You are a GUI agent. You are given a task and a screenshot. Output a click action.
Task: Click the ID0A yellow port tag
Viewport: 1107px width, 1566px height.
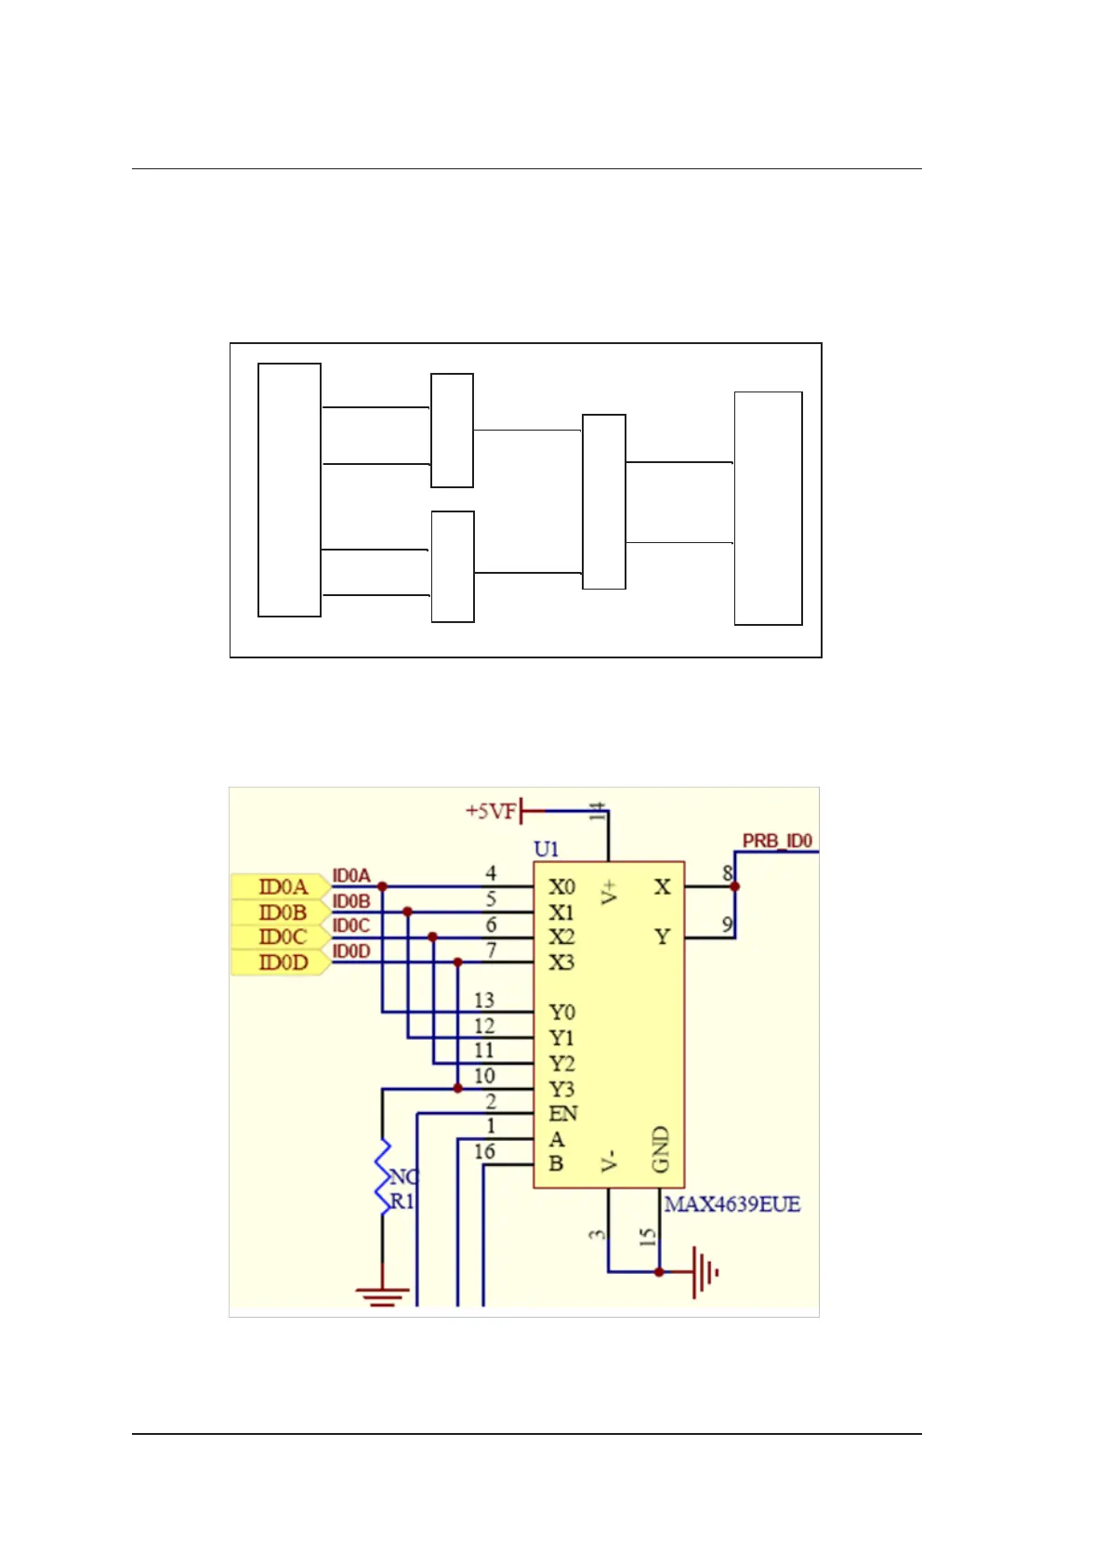pos(280,887)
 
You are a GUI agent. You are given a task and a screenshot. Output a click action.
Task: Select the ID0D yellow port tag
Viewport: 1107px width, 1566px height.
pos(280,962)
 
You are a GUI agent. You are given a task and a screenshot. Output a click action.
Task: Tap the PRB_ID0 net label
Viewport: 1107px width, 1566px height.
pos(777,841)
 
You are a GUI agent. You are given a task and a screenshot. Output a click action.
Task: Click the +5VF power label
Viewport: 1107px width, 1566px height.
pos(490,811)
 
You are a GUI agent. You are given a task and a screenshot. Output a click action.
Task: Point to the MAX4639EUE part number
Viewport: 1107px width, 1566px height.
pos(731,1204)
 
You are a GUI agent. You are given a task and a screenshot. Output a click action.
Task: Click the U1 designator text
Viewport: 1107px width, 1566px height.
pos(546,848)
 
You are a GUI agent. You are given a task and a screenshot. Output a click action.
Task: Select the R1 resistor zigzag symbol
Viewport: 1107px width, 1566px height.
pos(382,1176)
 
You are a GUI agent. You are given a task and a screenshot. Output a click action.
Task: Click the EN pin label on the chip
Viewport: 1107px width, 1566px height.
pos(562,1113)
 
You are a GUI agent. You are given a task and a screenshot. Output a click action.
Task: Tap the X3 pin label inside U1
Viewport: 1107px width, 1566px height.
pos(560,962)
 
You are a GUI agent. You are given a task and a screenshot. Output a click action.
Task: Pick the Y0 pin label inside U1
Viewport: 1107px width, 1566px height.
pos(560,1012)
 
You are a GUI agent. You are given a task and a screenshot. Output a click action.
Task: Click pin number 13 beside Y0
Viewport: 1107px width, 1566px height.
pos(484,1000)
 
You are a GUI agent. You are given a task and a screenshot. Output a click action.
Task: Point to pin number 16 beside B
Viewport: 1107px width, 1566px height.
pos(484,1151)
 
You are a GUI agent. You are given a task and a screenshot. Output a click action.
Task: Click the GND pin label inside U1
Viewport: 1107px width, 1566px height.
pos(660,1149)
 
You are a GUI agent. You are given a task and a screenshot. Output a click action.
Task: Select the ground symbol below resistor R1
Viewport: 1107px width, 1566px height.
pos(382,1294)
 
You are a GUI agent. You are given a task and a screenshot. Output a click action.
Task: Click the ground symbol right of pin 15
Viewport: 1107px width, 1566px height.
pos(705,1271)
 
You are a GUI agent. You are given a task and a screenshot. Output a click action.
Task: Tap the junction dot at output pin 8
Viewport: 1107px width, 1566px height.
pos(735,887)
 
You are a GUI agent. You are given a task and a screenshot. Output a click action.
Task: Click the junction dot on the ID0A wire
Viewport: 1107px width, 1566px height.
pos(382,887)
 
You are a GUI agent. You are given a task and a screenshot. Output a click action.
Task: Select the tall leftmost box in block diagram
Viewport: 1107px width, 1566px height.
pos(289,490)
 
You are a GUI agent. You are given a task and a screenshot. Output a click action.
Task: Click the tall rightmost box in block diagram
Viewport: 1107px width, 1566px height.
pos(768,509)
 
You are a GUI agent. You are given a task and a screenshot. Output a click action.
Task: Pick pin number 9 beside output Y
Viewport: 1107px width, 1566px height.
pos(727,925)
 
